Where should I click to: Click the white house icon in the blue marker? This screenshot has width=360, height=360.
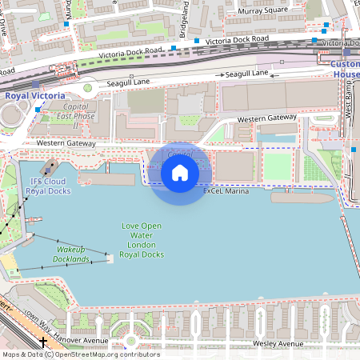[x=180, y=173]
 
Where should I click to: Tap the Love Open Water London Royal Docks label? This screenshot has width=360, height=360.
[x=141, y=240]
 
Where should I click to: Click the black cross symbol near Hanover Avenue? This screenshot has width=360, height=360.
[x=42, y=342]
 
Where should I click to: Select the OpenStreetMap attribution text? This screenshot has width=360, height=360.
[x=80, y=354]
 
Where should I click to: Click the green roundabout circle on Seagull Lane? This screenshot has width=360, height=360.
[x=87, y=89]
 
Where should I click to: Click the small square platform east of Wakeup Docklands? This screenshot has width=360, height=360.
[x=110, y=258]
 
